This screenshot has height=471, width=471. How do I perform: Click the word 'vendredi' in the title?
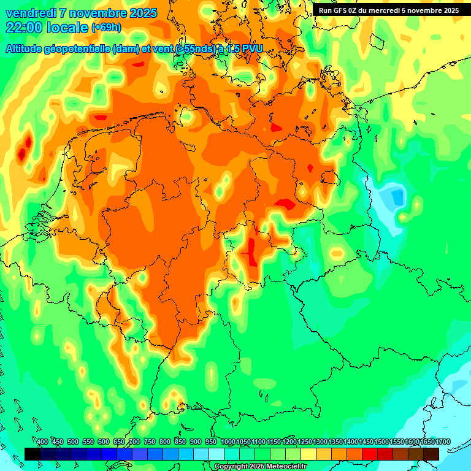pyautogui.click(x=29, y=13)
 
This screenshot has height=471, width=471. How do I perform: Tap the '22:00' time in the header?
pyautogui.click(x=23, y=28)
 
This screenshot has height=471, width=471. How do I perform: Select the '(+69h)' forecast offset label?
pyautogui.click(x=106, y=28)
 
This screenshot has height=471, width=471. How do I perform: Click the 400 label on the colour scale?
pyautogui.click(x=42, y=442)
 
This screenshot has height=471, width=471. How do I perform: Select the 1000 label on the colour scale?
pyautogui.click(x=228, y=442)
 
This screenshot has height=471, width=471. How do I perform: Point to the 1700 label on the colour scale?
pyautogui.click(x=443, y=442)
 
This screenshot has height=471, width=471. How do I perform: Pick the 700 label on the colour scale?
pyautogui.click(x=134, y=442)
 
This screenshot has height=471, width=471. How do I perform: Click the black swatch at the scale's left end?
pyautogui.click(x=33, y=454)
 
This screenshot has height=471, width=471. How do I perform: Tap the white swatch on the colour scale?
pyautogui.click(x=216, y=454)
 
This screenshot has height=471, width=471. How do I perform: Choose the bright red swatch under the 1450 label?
pyautogui.click(x=370, y=454)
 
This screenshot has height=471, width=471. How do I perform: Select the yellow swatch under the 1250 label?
pyautogui.click(x=308, y=454)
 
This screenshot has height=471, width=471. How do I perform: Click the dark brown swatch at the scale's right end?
pyautogui.click(x=431, y=454)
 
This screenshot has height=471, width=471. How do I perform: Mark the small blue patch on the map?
pyautogui.click(x=397, y=197)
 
